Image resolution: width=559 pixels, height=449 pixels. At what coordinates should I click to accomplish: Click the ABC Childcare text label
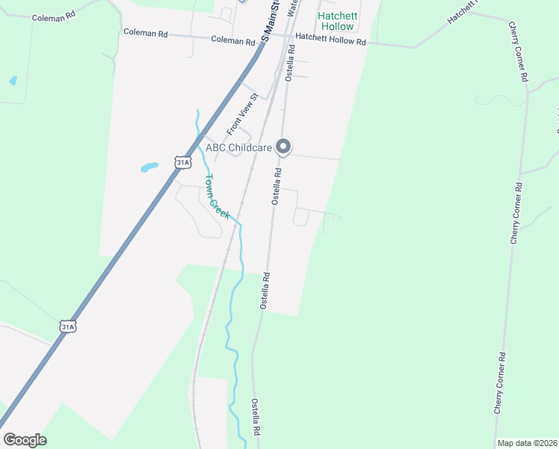click(x=239, y=147)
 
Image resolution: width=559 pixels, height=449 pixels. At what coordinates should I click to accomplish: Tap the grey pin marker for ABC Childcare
click(x=283, y=147)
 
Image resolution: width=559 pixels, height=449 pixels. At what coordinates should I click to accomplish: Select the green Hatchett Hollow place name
click(x=337, y=21)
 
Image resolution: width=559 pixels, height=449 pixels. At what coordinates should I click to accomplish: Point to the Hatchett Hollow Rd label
click(x=331, y=40)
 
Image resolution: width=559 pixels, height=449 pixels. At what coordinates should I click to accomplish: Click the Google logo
click(x=25, y=440)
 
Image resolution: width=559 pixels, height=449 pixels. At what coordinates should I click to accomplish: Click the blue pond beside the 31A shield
click(x=149, y=168)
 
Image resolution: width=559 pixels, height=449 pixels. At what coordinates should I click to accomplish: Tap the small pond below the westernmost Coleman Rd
click(x=13, y=80)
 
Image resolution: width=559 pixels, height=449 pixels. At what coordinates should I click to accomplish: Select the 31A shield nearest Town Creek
click(x=181, y=162)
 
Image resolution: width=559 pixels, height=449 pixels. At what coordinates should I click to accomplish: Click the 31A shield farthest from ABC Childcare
click(x=68, y=326)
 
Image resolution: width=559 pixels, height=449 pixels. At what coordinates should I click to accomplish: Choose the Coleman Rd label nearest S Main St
click(x=233, y=40)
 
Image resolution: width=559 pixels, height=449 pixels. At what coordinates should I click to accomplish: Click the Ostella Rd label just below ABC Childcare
click(x=276, y=186)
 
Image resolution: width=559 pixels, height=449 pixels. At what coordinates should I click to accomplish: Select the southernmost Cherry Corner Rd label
click(x=499, y=382)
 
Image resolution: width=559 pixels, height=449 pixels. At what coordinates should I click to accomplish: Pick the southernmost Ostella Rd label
click(x=255, y=417)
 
